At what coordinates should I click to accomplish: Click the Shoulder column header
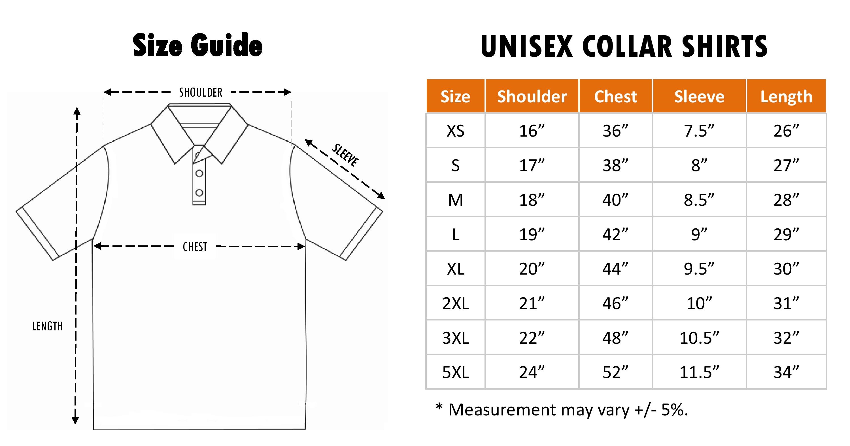[x=532, y=97]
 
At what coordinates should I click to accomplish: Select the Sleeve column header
[x=699, y=97]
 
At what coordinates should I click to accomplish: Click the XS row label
[x=455, y=131]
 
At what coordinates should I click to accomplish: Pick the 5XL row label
[x=455, y=372]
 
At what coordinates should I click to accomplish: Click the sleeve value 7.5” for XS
[x=699, y=131]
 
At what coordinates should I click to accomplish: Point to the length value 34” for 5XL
[x=786, y=372]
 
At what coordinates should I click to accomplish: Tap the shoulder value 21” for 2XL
[x=532, y=303]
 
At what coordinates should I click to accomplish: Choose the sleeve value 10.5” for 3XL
[x=699, y=338]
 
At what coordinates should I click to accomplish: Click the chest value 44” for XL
[x=615, y=269]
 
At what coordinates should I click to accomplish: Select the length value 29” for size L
[x=786, y=235]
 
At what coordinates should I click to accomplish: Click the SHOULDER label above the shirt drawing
[x=201, y=92]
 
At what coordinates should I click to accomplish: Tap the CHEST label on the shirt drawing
[x=195, y=247]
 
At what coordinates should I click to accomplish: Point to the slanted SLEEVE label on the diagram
[x=345, y=155]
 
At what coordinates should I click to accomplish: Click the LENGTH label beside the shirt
[x=48, y=326]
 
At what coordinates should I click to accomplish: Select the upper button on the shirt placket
[x=199, y=173]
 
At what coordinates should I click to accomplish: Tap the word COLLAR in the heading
[x=627, y=46]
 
